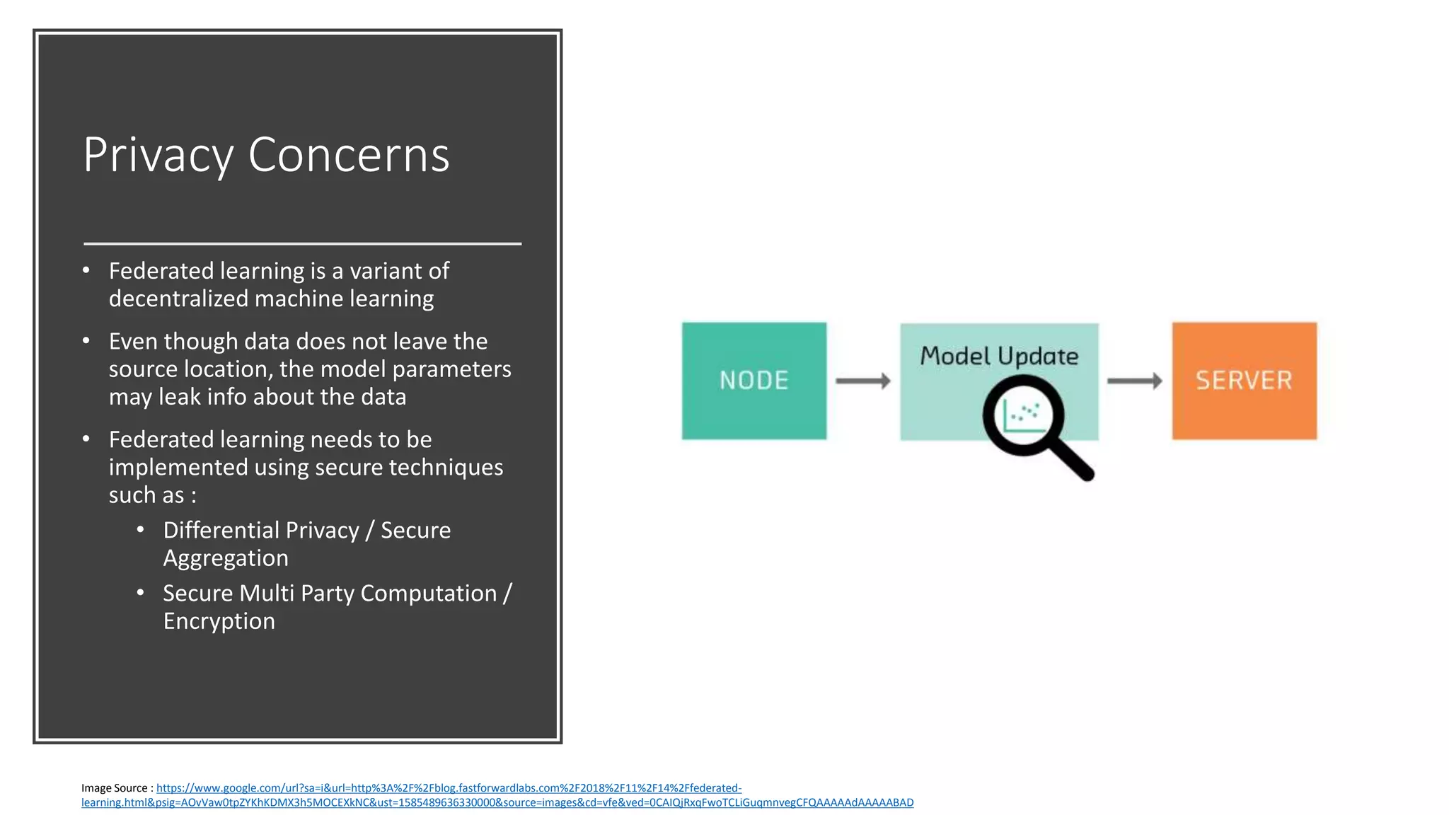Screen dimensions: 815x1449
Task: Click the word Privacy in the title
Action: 158,155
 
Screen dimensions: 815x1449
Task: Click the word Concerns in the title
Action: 349,155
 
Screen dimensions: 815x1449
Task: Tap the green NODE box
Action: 754,381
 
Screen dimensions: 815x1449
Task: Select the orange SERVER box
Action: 1244,381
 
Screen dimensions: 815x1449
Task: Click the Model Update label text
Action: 999,356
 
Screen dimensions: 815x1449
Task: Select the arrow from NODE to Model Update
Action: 862,381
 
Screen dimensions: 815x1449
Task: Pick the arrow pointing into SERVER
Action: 1134,381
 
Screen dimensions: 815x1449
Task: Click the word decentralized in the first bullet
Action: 179,299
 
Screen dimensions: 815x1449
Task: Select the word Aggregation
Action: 226,558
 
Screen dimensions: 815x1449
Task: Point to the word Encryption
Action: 219,621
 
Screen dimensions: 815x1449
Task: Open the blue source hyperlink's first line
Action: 449,788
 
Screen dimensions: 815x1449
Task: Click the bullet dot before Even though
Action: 86,341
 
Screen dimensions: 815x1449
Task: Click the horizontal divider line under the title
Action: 302,243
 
